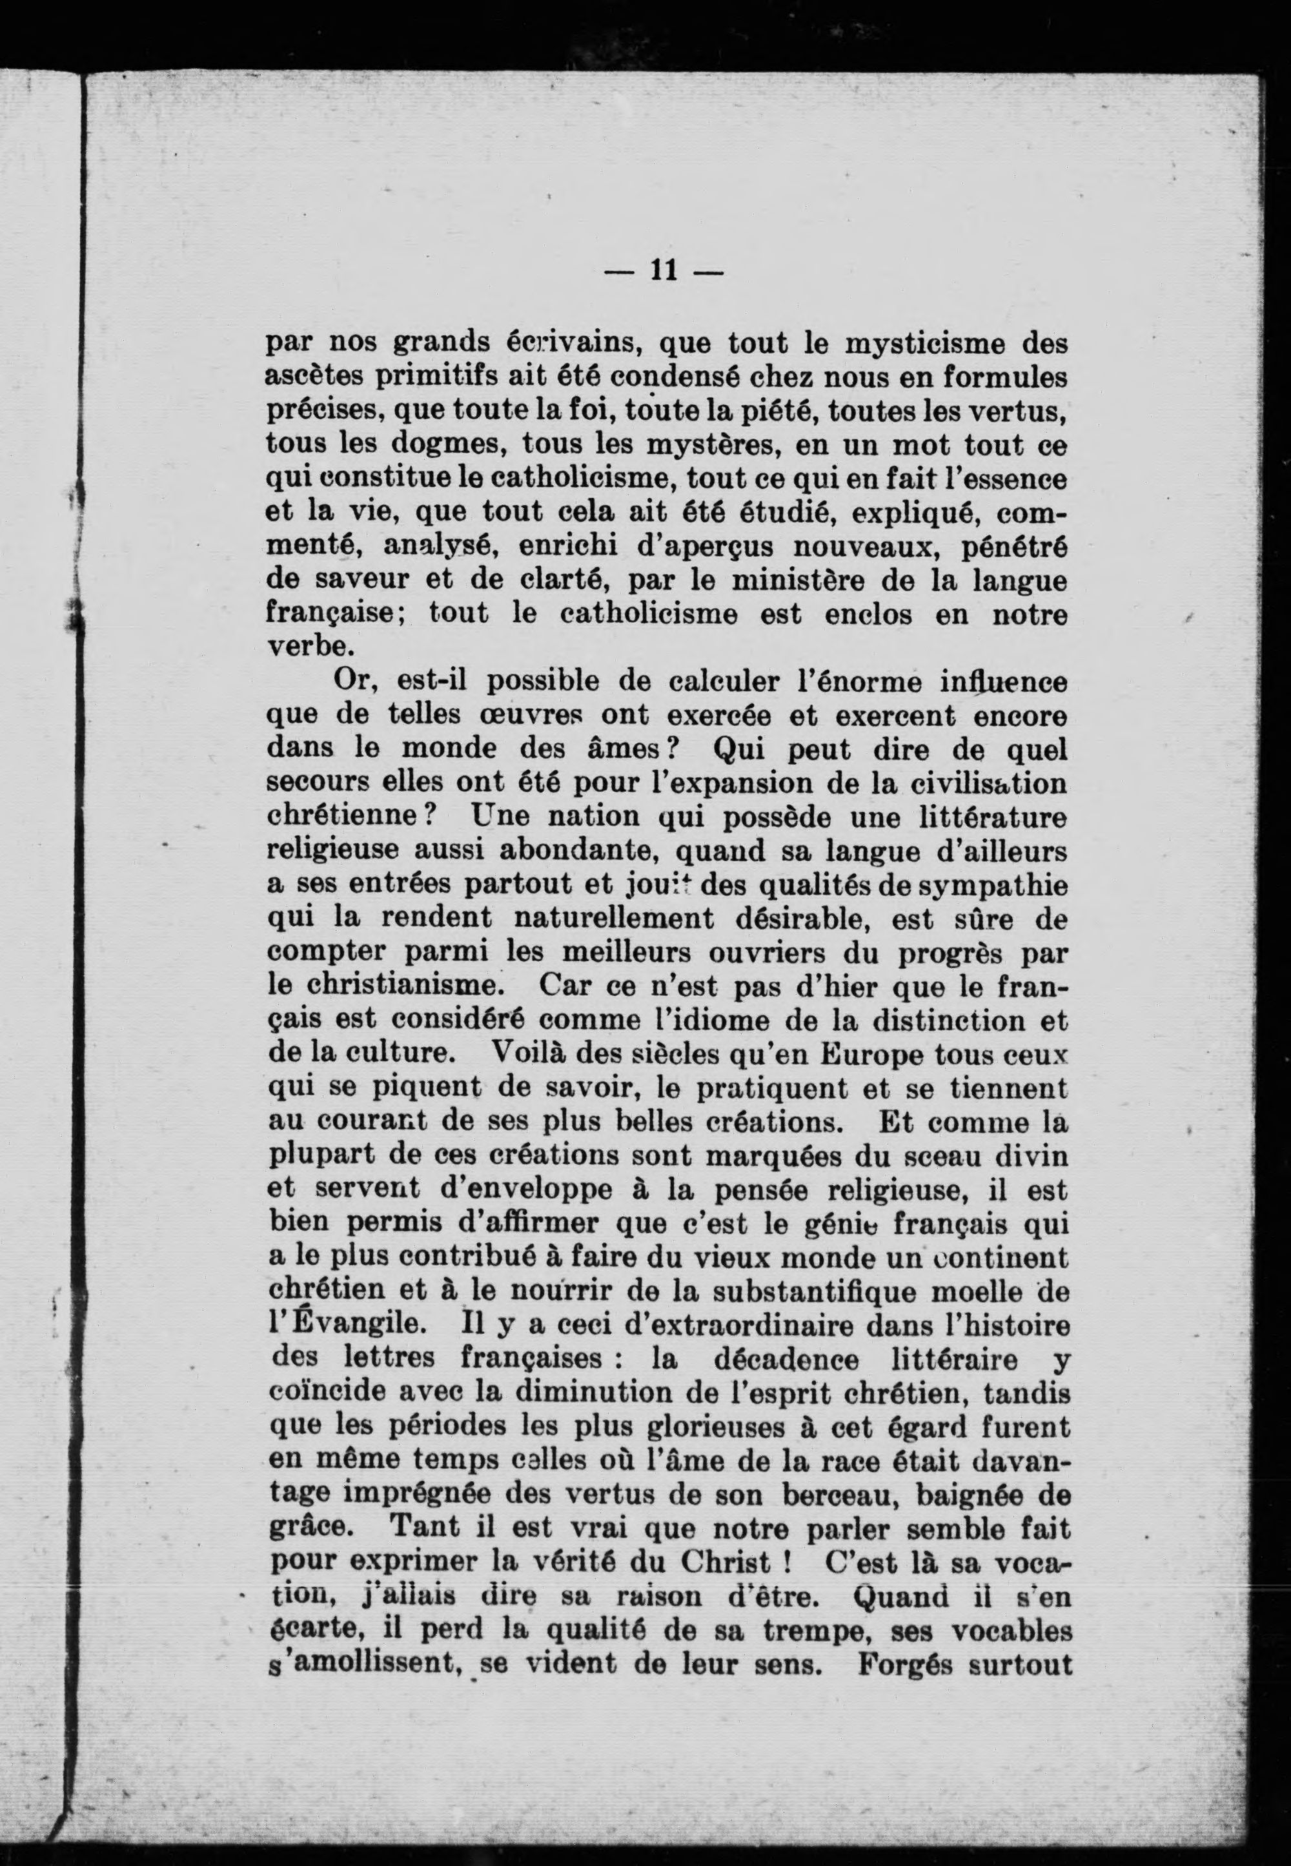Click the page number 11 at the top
point(662,270)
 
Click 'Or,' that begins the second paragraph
point(355,681)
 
